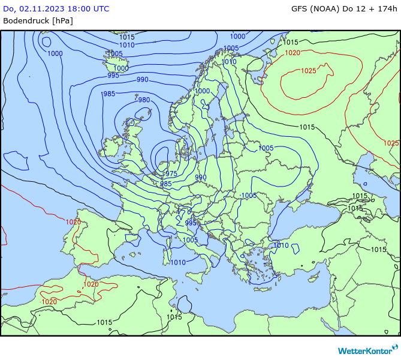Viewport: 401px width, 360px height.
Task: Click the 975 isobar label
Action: tap(171, 173)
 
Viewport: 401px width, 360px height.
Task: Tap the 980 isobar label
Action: tap(144, 100)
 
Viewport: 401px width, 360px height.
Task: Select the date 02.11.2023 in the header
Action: tap(46, 8)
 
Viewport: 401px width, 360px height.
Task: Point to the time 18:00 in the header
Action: tap(82, 8)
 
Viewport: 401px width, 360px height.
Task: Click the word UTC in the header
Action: tap(101, 8)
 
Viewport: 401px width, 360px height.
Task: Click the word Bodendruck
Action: tap(26, 20)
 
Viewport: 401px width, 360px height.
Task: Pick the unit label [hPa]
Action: tap(62, 20)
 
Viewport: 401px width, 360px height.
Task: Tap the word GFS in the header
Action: tap(300, 8)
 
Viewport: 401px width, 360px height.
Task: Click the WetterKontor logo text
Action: tap(363, 350)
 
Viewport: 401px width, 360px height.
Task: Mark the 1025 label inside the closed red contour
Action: tap(308, 71)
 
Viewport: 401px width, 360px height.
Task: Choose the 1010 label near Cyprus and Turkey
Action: tap(281, 245)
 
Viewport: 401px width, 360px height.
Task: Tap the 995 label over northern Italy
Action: tap(191, 223)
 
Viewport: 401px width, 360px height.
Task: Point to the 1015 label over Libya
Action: tap(174, 317)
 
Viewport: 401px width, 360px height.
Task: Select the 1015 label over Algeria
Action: tap(104, 322)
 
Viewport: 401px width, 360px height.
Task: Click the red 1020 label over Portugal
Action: tap(73, 221)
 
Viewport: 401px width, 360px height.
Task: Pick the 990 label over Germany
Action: tap(200, 177)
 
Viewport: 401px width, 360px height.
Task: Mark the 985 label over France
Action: tap(165, 184)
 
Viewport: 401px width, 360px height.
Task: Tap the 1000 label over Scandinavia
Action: tap(202, 91)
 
